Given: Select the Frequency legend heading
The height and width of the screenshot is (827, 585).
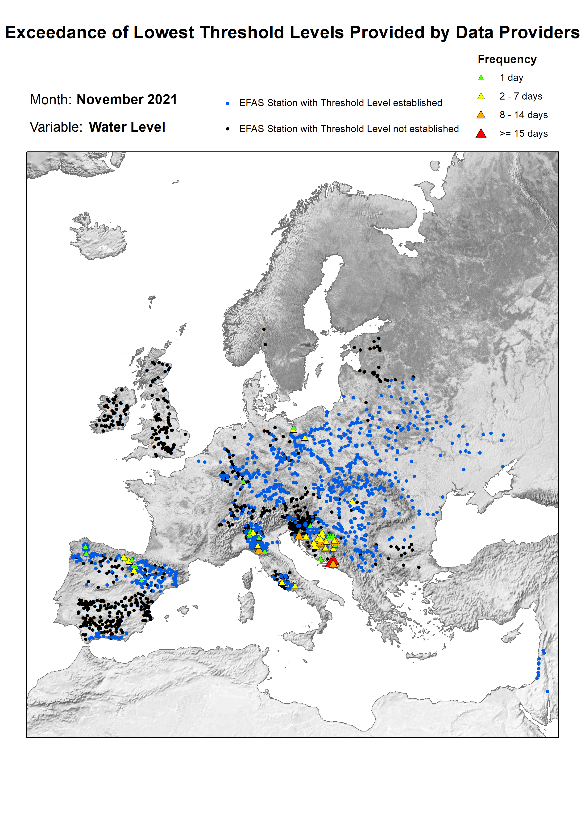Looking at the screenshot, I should pyautogui.click(x=507, y=59).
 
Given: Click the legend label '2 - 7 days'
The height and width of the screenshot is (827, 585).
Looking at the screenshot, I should pyautogui.click(x=521, y=96).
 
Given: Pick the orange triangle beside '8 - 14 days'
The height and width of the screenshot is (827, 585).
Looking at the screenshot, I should pyautogui.click(x=481, y=115).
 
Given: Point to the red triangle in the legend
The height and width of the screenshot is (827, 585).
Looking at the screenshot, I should pyautogui.click(x=481, y=134).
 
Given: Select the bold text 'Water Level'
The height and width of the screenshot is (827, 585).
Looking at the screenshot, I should pyautogui.click(x=127, y=127).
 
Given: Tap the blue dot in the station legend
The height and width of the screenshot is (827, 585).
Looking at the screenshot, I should pyautogui.click(x=227, y=103).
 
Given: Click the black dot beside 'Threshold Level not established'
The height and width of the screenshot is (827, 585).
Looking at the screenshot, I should pyautogui.click(x=227, y=129).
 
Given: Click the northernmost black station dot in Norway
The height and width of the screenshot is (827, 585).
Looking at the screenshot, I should pyautogui.click(x=264, y=329).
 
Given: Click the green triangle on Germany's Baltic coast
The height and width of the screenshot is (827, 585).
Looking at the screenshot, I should pyautogui.click(x=293, y=427).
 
